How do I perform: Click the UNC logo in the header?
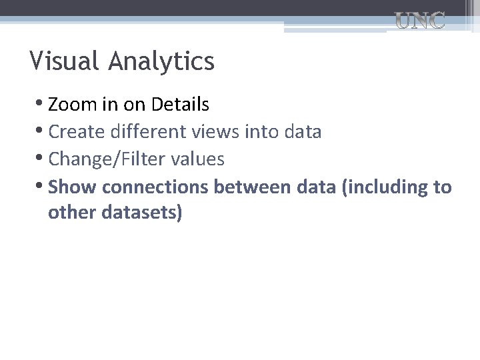click(x=420, y=21)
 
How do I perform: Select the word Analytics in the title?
click(x=161, y=61)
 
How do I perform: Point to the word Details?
click(x=180, y=105)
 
